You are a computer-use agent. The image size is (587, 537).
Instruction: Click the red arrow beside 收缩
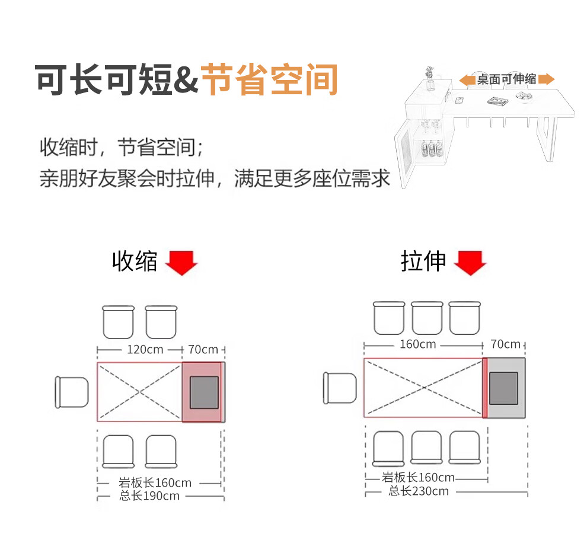[181, 263]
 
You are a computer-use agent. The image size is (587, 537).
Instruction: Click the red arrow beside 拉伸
[470, 263]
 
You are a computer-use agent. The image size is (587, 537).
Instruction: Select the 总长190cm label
[149, 496]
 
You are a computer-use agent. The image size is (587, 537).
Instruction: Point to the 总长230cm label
[419, 491]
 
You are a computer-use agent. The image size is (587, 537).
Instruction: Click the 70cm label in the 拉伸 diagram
[506, 344]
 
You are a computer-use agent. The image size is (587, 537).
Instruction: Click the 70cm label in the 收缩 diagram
[203, 350]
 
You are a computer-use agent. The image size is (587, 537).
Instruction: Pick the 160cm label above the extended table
[418, 344]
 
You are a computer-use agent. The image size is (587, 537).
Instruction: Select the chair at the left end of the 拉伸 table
[339, 388]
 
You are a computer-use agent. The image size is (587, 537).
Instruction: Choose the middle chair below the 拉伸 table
[428, 447]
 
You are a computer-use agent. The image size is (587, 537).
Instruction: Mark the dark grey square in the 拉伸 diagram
[503, 388]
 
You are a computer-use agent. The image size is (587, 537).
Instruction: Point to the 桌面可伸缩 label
[506, 79]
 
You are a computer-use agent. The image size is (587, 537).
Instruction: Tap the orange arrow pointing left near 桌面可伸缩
[467, 79]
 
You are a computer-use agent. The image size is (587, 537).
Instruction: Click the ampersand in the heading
[186, 81]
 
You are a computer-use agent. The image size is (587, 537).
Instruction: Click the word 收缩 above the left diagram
[135, 261]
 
